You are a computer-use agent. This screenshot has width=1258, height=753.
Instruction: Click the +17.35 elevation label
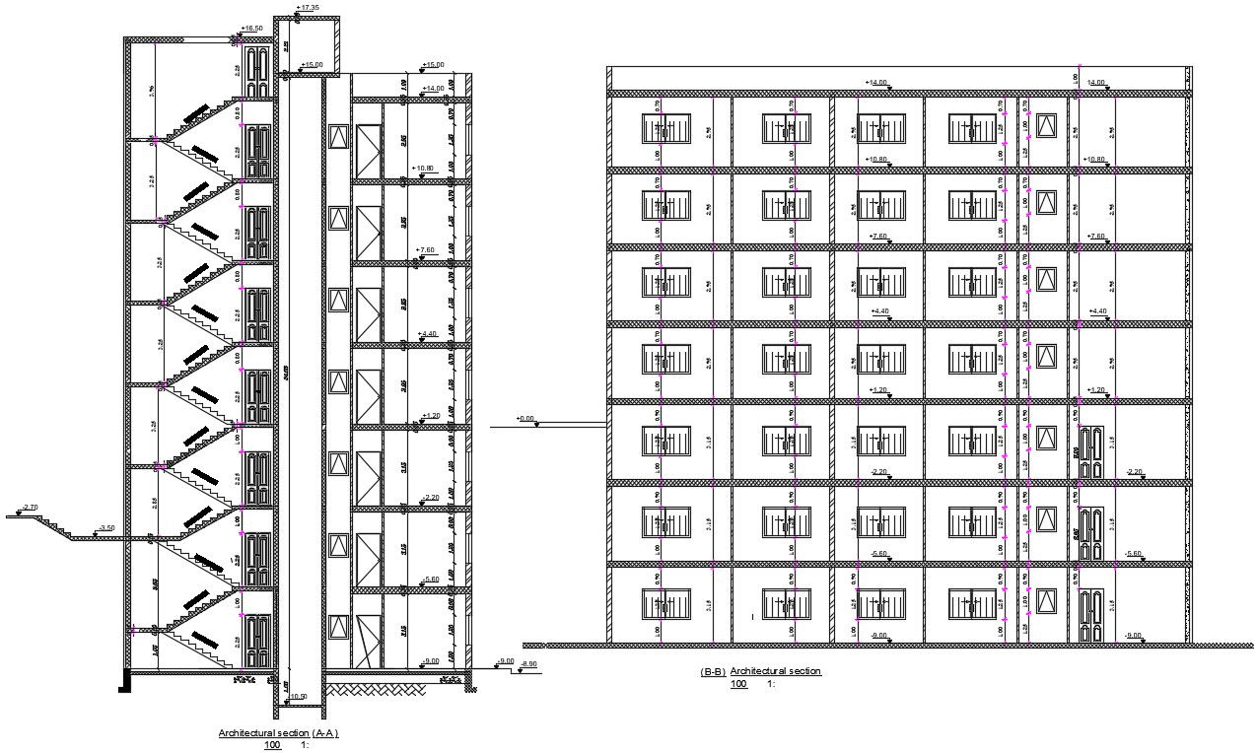309,8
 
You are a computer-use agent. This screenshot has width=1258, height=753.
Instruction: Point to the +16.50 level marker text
252,29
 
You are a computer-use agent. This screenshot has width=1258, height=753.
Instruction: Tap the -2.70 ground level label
29,508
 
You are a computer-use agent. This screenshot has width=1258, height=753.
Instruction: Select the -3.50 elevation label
106,528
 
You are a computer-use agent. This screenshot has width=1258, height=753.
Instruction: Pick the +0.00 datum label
525,419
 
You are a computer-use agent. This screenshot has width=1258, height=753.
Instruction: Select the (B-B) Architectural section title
760,671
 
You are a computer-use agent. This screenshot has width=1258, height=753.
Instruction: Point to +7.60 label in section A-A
425,250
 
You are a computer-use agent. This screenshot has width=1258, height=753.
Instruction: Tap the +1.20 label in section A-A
430,416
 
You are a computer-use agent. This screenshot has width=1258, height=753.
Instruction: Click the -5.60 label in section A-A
430,580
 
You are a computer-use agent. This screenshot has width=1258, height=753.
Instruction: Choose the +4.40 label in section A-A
428,334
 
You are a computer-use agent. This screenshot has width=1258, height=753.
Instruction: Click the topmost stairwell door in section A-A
257,72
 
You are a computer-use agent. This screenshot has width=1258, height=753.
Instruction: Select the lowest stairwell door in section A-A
257,640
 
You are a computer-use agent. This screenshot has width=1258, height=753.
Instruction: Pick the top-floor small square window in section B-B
1046,125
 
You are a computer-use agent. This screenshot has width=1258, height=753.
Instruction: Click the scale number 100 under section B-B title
738,683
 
